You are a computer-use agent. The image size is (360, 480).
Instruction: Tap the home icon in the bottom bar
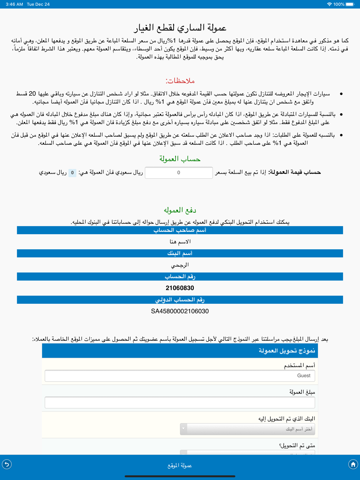coord(353,465)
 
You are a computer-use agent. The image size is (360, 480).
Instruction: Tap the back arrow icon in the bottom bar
coord(7,465)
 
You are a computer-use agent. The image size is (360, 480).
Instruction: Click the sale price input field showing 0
coord(179,173)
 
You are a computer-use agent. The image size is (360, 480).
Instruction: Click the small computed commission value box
coord(72,173)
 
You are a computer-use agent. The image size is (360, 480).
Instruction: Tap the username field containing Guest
coord(180,376)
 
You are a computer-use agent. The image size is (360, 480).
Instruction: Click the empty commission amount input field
coord(180,403)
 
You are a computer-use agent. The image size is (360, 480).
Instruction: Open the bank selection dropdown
coord(247,429)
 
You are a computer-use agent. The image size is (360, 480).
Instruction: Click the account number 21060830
coord(180,288)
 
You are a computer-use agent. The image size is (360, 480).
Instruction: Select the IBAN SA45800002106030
coord(180,311)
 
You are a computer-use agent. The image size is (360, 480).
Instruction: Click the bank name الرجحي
coord(180,265)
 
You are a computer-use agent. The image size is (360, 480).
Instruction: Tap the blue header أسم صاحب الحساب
coord(180,230)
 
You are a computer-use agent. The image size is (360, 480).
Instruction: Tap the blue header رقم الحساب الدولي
coord(180,300)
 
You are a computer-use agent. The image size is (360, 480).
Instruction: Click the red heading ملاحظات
coord(180,81)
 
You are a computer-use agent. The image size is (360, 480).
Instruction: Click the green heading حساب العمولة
coord(180,159)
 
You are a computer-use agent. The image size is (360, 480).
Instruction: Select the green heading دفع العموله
coord(180,210)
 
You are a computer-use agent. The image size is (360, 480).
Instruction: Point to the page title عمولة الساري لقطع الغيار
coord(180,28)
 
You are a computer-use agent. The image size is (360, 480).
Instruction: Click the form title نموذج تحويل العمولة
coord(287,351)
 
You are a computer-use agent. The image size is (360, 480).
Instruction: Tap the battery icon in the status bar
coord(350,4)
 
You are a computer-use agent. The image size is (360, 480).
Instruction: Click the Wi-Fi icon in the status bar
coord(329,4)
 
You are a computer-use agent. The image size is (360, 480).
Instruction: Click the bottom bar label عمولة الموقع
coord(180,465)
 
